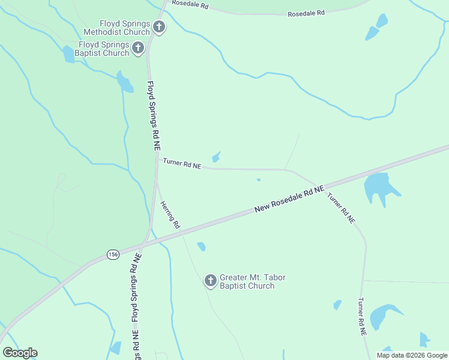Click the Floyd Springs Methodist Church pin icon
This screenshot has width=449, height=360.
pos(159,27)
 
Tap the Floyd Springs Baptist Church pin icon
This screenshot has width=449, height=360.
pos(138,48)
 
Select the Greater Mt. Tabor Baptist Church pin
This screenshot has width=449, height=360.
pos(210,280)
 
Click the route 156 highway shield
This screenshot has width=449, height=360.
pos(113,254)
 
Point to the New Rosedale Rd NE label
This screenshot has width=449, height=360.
pos(289,199)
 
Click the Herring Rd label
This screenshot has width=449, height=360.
pos(170,214)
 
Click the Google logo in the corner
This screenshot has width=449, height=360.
pos(20,352)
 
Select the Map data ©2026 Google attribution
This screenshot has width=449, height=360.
pos(411,355)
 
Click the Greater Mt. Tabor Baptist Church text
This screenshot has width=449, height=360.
pos(252,281)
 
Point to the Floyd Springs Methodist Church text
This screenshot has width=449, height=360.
pos(118,28)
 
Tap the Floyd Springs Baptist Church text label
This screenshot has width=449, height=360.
pos(102,49)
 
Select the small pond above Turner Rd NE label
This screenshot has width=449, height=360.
pos(216,157)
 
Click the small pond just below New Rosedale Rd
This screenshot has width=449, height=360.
pos(201,246)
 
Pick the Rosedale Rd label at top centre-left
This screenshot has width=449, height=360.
pos(189,4)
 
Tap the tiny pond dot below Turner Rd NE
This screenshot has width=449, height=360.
pos(259,179)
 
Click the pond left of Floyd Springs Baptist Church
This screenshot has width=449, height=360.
pos(68,54)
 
